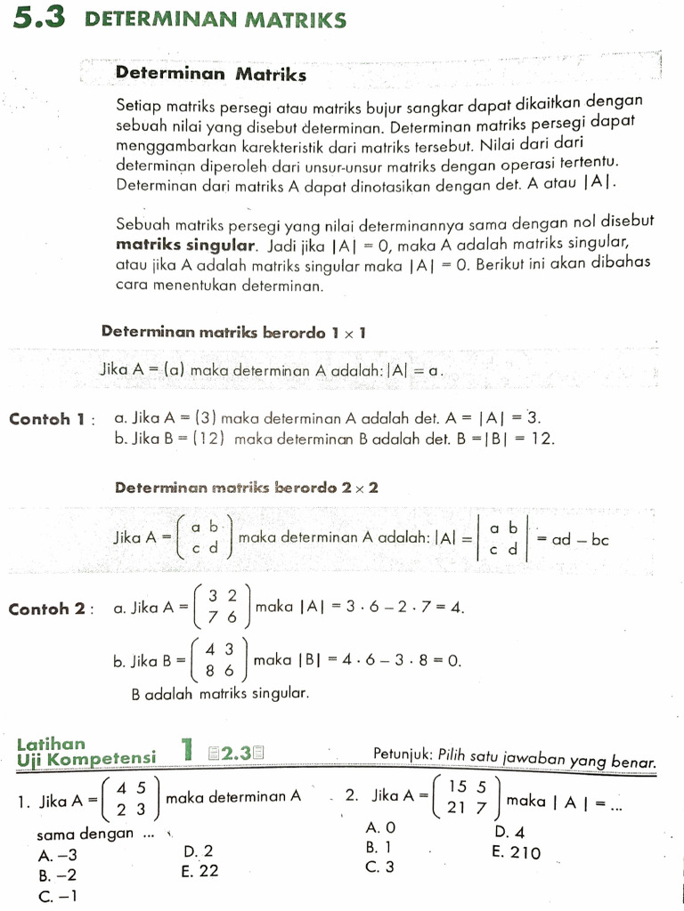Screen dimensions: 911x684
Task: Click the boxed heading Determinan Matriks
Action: click(x=211, y=74)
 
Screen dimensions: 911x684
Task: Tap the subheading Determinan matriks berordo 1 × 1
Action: click(x=234, y=332)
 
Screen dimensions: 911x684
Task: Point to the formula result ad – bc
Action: click(x=580, y=539)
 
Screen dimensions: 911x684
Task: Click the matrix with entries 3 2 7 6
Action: click(x=222, y=607)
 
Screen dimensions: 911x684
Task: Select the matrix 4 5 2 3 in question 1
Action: click(x=131, y=798)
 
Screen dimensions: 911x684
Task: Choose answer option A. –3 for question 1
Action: click(x=58, y=856)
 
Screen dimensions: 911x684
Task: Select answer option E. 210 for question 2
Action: click(x=516, y=851)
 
